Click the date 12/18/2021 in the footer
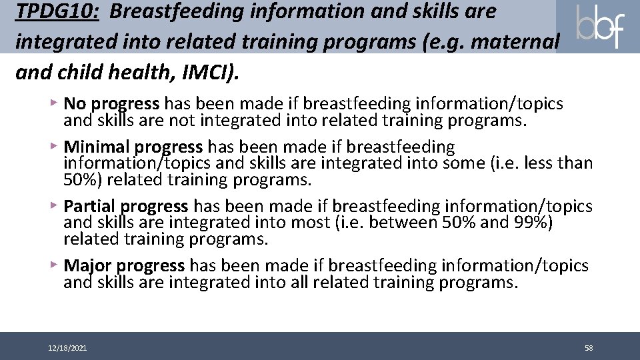67,348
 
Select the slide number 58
589,348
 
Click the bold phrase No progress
111,104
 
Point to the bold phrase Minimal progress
133,147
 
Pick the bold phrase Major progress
124,266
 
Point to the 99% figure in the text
533,222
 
